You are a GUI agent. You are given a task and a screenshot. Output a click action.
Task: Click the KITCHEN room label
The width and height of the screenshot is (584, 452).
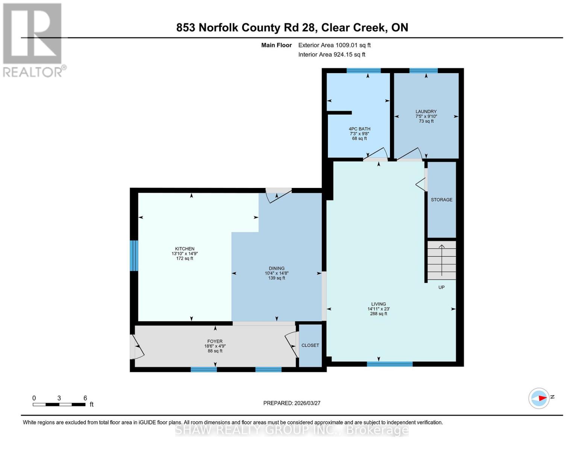pyautogui.click(x=184, y=249)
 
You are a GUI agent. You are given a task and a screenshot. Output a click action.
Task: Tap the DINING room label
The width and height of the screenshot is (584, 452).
pyautogui.click(x=276, y=269)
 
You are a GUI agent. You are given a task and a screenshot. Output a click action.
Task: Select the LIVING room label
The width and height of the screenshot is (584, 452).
pyautogui.click(x=378, y=304)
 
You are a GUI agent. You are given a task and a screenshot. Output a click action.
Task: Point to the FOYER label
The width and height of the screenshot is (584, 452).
pyautogui.click(x=215, y=341)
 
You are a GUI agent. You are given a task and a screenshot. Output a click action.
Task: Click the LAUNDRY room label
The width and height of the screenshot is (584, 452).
pyautogui.click(x=426, y=111)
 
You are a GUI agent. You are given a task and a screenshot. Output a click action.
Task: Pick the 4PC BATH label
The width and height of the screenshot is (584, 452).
pyautogui.click(x=360, y=129)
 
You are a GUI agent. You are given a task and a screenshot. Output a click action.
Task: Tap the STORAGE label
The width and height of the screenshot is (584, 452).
pyautogui.click(x=441, y=200)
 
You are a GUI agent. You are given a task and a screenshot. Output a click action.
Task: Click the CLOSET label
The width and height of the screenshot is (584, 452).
pyautogui.click(x=310, y=345)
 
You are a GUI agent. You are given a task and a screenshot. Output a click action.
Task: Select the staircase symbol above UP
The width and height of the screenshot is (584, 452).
pyautogui.click(x=441, y=260)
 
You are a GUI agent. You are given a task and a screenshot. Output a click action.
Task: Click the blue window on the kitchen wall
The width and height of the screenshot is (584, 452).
pyautogui.click(x=134, y=255)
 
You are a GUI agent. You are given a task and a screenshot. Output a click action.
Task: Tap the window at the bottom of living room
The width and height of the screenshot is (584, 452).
pyautogui.click(x=390, y=364)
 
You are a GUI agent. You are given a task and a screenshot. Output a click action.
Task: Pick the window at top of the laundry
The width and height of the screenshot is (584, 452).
pyautogui.click(x=423, y=70)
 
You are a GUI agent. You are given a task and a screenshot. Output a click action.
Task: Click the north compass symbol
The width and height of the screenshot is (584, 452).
pyautogui.click(x=539, y=398)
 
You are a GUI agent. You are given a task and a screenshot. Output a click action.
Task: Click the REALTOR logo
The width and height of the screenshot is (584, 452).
pyautogui.click(x=33, y=40)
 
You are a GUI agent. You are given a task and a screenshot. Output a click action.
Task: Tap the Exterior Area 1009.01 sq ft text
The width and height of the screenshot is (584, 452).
pyautogui.click(x=334, y=45)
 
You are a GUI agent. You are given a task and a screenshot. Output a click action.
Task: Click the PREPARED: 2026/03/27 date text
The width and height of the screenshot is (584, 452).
pyautogui.click(x=292, y=403)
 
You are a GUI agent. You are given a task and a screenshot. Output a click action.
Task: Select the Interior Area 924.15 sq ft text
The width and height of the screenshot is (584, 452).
pyautogui.click(x=332, y=55)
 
